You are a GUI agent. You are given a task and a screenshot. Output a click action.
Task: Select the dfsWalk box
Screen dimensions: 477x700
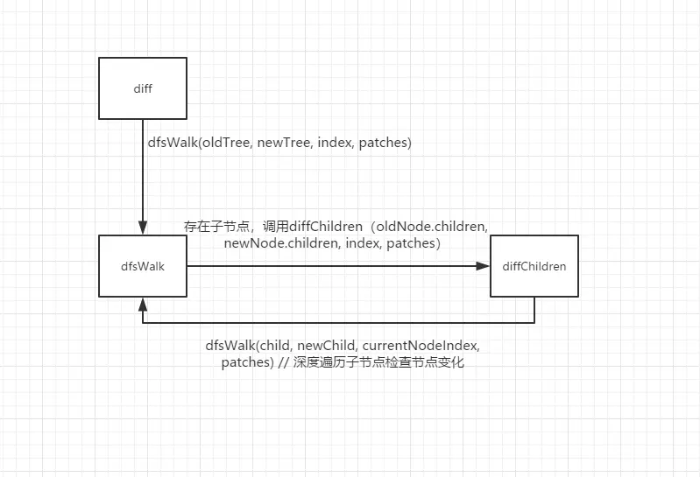(141, 265)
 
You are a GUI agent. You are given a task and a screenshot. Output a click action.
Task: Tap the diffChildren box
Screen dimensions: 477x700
(534, 265)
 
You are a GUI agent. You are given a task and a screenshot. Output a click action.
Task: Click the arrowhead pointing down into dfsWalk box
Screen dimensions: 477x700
(141, 228)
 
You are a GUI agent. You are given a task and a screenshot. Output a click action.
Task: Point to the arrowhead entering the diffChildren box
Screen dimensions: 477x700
(484, 265)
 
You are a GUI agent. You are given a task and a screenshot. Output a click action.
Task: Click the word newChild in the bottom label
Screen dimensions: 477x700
(337, 345)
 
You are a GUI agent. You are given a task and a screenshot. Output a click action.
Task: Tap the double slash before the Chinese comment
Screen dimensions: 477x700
(284, 361)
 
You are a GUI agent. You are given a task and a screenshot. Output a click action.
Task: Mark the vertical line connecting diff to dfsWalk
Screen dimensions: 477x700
(141, 175)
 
